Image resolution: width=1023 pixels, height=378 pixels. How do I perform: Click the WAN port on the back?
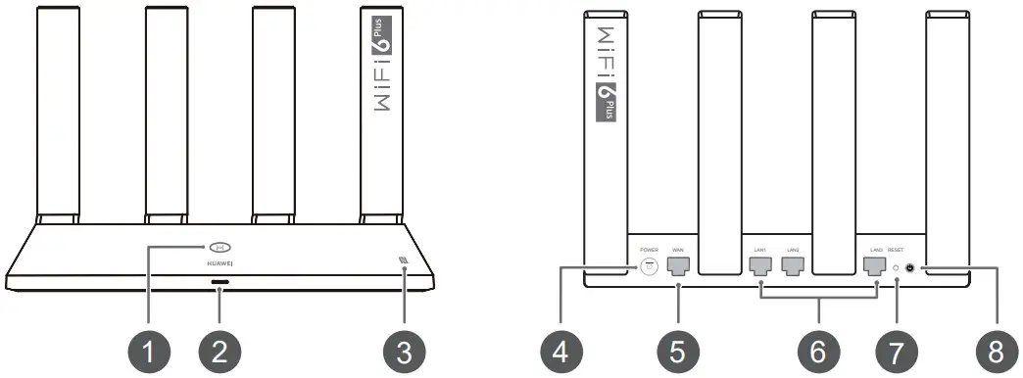(677, 266)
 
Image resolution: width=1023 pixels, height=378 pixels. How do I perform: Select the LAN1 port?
(760, 266)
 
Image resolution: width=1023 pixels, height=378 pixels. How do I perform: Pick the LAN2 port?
(793, 266)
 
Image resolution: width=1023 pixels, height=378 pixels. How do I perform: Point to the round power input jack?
(648, 267)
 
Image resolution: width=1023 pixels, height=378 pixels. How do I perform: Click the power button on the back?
(911, 267)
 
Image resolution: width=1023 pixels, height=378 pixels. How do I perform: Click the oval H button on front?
(219, 247)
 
